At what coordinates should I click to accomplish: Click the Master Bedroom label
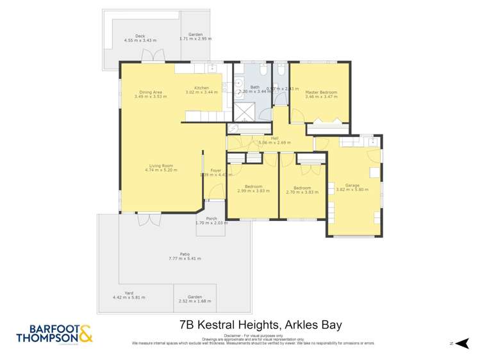point(321,92)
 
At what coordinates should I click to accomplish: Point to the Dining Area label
point(151,92)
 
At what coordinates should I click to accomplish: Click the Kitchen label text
point(202,88)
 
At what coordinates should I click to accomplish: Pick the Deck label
point(140,36)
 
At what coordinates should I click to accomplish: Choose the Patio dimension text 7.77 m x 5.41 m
point(185,258)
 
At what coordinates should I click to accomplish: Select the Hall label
point(274,138)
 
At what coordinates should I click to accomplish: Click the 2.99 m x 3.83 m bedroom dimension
point(253,192)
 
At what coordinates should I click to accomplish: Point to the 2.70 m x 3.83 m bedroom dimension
point(302,192)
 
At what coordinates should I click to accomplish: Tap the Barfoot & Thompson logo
point(54,334)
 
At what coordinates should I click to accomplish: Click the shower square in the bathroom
point(244,111)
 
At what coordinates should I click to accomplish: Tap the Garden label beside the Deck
point(195,35)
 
